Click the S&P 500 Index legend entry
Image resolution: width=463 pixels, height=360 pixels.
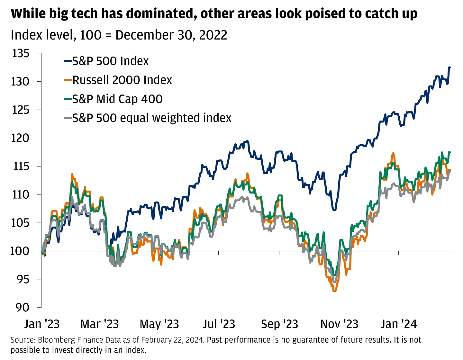(110, 61)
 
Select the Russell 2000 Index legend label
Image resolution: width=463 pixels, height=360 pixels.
(122, 80)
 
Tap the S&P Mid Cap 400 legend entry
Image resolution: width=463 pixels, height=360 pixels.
(117, 99)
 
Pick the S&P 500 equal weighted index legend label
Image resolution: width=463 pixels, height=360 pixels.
(151, 118)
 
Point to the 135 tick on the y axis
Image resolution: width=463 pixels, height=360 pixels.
(21, 53)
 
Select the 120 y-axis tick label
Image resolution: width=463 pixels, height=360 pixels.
(21, 138)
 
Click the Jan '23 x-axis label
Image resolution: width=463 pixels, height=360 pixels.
(42, 324)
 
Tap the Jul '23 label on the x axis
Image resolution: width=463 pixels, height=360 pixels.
(219, 324)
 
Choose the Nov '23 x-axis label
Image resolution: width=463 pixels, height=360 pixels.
(339, 324)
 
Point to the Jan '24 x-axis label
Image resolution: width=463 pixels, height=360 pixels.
(399, 324)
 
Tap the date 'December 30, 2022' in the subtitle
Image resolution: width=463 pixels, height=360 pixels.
(171, 35)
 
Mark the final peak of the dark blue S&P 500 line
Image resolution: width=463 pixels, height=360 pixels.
(449, 67)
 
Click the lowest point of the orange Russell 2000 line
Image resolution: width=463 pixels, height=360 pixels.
(334, 291)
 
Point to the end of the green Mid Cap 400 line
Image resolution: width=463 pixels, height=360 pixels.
(450, 152)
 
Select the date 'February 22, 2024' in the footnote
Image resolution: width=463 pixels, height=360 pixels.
(172, 340)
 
